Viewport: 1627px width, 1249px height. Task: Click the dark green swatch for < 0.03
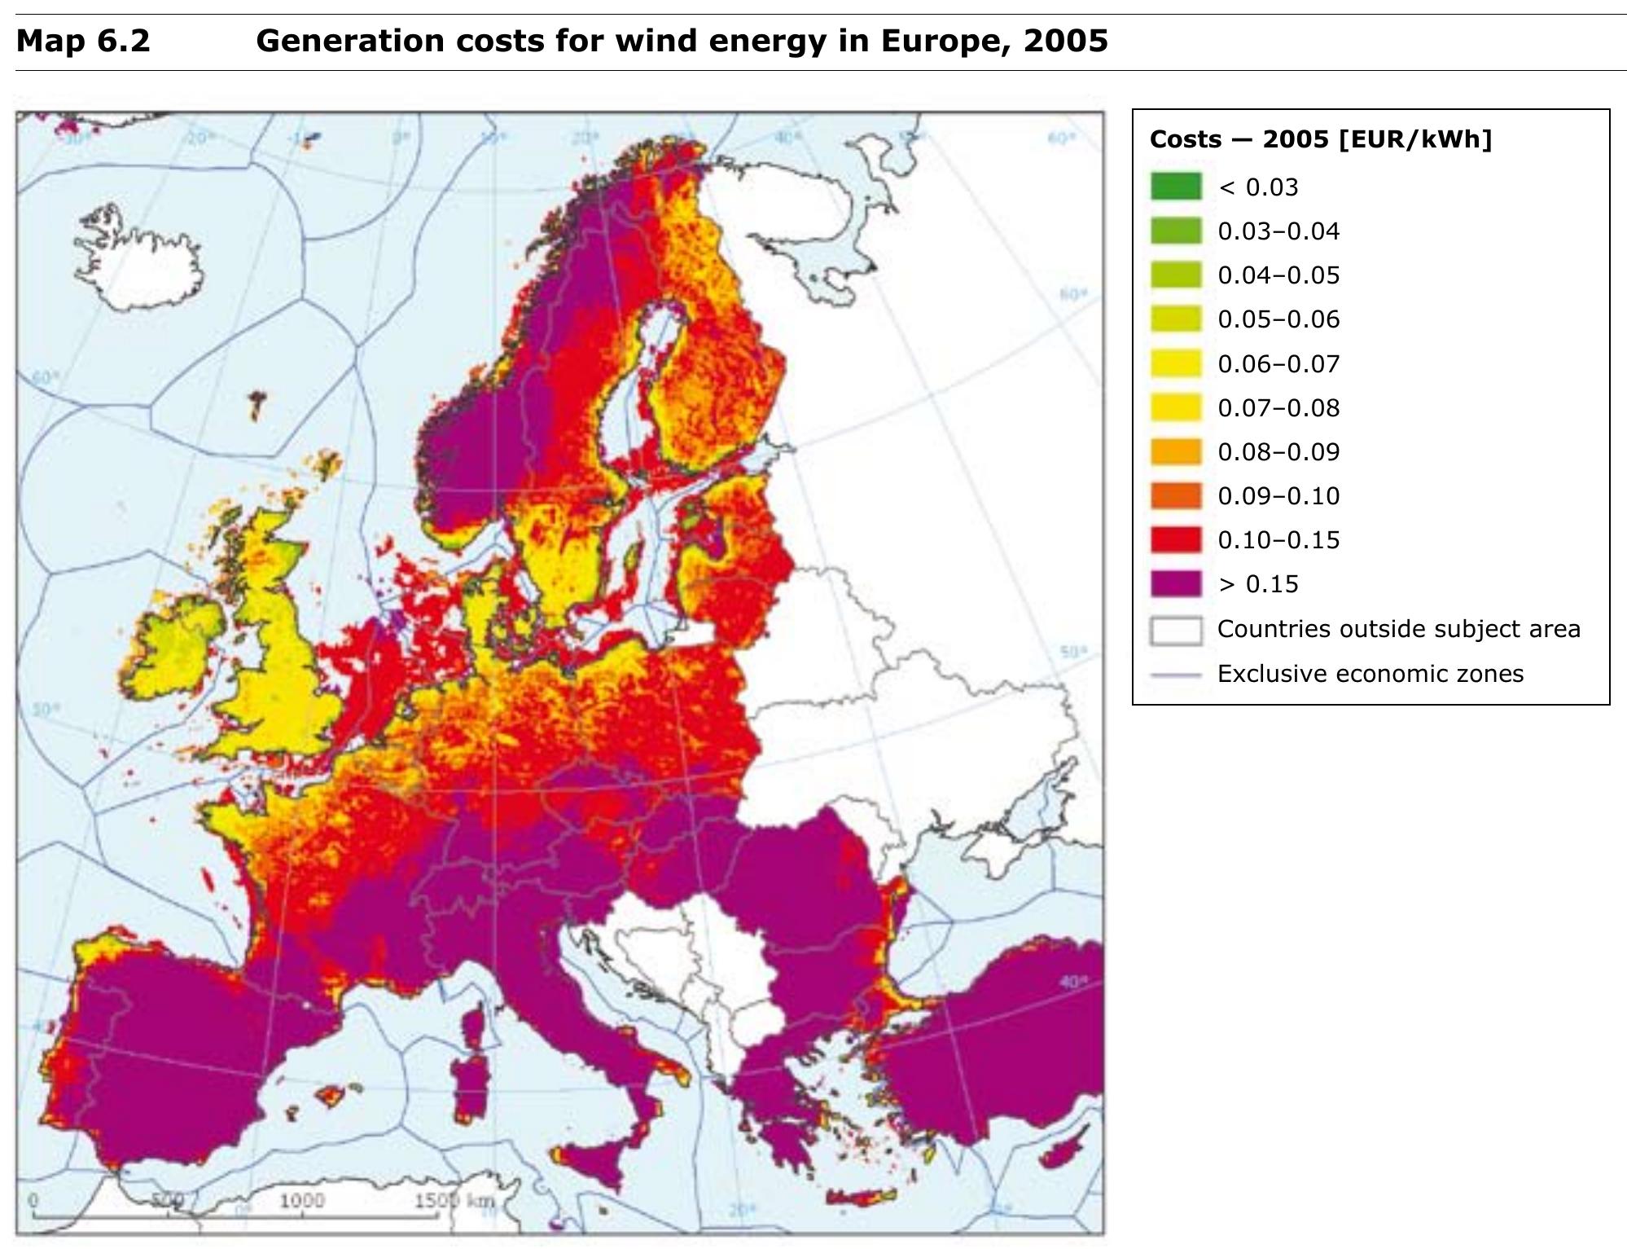click(x=1175, y=187)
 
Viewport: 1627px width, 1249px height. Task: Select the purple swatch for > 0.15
click(x=1175, y=583)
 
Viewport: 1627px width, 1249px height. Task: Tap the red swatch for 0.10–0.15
click(x=1175, y=539)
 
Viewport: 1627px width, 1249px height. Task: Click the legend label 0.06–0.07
click(x=1278, y=363)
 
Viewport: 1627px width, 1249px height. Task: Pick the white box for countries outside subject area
click(x=1175, y=630)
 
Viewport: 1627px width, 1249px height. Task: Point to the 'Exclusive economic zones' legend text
click(x=1370, y=674)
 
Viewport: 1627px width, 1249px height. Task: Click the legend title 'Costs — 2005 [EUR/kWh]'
click(x=1320, y=139)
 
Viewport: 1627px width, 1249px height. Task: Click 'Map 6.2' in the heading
click(x=83, y=41)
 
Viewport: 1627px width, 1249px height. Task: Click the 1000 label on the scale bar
click(x=301, y=1200)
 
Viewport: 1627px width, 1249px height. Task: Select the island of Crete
click(x=862, y=1197)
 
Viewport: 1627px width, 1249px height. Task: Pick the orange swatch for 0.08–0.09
click(x=1175, y=451)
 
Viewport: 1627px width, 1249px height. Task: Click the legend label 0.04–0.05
click(x=1278, y=275)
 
